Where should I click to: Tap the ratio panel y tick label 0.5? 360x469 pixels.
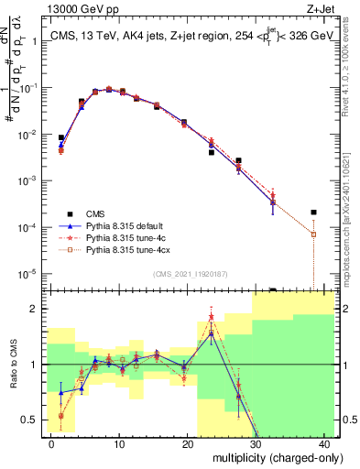pos(32,420)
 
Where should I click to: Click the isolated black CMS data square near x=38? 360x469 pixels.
pos(313,213)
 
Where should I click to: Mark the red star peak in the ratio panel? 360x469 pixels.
pos(212,317)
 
